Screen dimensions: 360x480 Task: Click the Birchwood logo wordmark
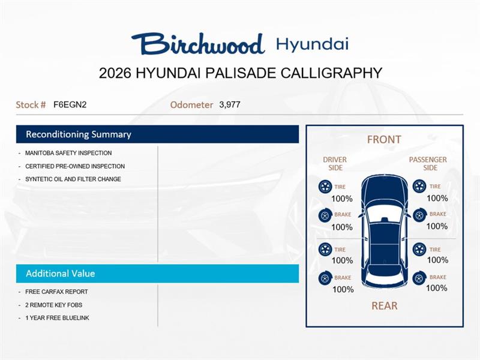(x=198, y=44)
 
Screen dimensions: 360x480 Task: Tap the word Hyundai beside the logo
(x=312, y=44)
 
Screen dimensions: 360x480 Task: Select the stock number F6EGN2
(x=70, y=104)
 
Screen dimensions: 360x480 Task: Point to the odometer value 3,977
(x=230, y=104)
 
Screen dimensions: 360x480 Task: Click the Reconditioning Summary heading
(x=78, y=134)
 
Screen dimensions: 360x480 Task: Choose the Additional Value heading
(x=60, y=274)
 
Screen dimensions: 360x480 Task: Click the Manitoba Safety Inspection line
(x=68, y=153)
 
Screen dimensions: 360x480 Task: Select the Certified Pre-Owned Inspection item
(x=75, y=166)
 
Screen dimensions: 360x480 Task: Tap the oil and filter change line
(x=73, y=179)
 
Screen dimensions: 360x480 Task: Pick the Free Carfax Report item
(x=56, y=292)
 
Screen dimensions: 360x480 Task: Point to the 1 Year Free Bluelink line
(x=57, y=318)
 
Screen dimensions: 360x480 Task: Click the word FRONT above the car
(x=384, y=140)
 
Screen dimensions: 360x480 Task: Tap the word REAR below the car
(x=384, y=306)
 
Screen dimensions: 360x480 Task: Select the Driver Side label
(x=335, y=164)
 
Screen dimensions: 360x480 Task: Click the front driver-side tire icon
(x=325, y=187)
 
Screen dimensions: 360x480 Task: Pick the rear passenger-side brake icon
(x=419, y=278)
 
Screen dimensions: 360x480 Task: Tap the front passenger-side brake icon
(x=419, y=214)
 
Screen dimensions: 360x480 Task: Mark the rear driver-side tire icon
(x=325, y=250)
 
